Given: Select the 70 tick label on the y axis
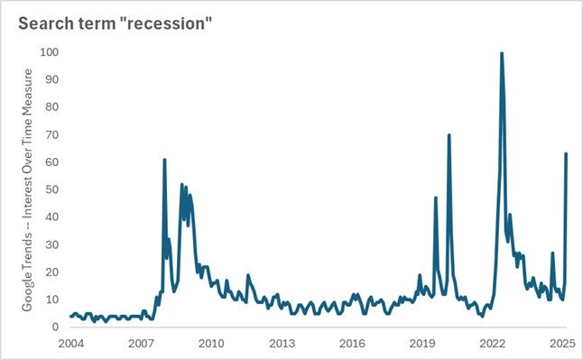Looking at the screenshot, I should (51, 134).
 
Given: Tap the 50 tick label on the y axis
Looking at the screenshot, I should (51, 189).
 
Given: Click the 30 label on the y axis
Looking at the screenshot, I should (51, 245).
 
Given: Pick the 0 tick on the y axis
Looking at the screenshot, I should (54, 327).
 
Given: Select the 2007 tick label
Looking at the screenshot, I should (141, 344).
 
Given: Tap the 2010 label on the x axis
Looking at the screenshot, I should (211, 344).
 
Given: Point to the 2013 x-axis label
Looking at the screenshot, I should (282, 344).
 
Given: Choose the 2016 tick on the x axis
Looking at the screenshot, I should (352, 344).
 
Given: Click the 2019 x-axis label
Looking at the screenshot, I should (422, 344).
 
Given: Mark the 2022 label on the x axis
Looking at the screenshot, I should (493, 344).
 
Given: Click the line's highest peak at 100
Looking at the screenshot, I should (502, 53).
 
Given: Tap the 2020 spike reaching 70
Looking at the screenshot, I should (449, 135).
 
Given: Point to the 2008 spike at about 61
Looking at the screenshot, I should (164, 160).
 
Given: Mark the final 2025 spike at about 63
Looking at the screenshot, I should (566, 154).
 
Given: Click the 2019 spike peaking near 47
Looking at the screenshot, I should (436, 198).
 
